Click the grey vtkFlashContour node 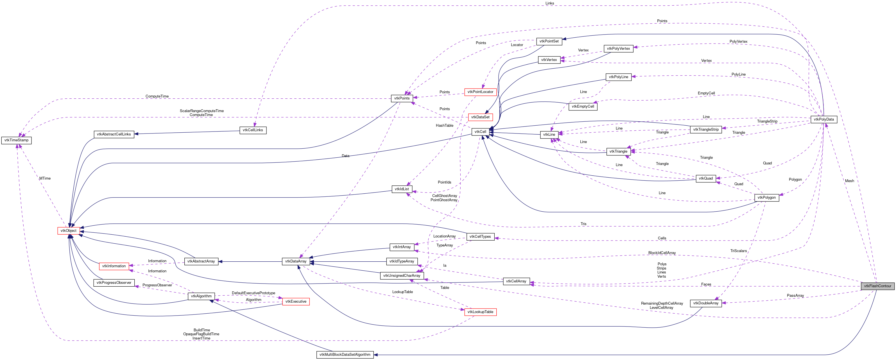[x=877, y=286]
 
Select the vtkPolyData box [x=824, y=119]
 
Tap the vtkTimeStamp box [x=16, y=140]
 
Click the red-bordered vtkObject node [x=68, y=231]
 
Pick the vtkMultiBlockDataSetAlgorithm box [x=345, y=354]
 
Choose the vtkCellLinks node [x=253, y=130]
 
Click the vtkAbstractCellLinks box [x=114, y=134]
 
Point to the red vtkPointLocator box [x=480, y=92]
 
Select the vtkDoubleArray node [x=705, y=303]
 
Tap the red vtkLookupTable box [x=480, y=312]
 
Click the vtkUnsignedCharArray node [x=401, y=275]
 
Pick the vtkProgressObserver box [x=114, y=282]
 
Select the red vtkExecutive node [x=296, y=301]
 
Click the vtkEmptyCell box [x=583, y=107]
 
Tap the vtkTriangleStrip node [x=705, y=129]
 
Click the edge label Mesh [x=849, y=181]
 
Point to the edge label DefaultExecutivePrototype [x=253, y=293]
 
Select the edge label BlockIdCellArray [x=662, y=253]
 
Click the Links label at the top [x=549, y=3]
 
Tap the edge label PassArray [x=795, y=296]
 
